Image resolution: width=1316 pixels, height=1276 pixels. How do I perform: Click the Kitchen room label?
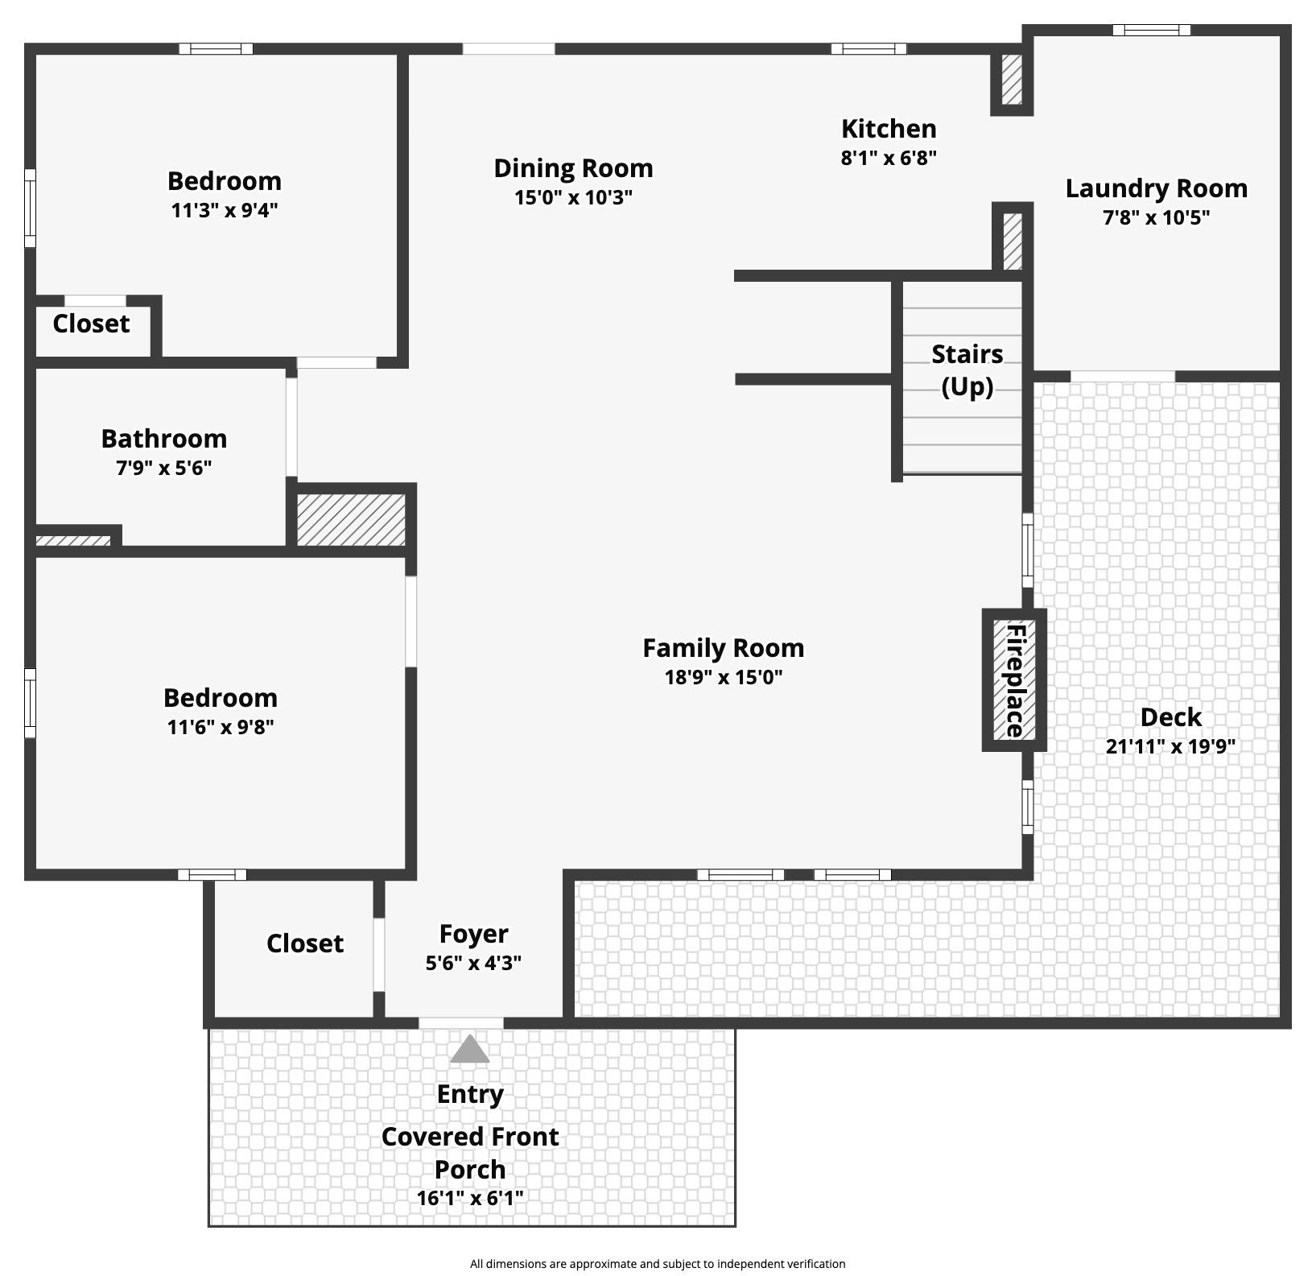pos(889,129)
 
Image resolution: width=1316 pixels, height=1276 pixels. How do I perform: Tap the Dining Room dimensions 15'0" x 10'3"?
pos(573,197)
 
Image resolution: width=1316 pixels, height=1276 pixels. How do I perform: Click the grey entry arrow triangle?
pos(470,1049)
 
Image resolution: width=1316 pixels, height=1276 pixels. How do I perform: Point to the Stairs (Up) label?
pos(967,370)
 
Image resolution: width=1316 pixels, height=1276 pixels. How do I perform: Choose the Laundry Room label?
pos(1157,188)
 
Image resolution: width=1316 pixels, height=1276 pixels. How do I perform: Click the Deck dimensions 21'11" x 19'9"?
pos(1170,746)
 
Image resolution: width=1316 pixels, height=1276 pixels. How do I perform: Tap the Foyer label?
pos(473,934)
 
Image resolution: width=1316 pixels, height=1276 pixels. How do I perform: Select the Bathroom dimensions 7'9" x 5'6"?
pos(164,468)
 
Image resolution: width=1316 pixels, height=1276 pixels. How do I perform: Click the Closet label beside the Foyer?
pos(305,944)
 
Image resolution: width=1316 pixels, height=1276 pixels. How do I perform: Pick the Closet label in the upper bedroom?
pos(91,324)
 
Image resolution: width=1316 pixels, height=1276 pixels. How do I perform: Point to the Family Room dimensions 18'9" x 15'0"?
pos(724,677)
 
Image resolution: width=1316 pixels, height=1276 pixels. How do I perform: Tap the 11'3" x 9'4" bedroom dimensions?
pos(225,210)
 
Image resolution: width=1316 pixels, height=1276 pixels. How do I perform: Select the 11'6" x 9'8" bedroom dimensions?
pos(221,727)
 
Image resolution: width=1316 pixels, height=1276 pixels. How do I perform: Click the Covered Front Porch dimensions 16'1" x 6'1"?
pos(470,1198)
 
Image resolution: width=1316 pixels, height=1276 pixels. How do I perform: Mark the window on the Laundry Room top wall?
pos(1152,31)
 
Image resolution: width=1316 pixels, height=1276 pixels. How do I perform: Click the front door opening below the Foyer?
pos(461,1023)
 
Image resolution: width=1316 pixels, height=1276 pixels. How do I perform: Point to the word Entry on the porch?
pos(470,1094)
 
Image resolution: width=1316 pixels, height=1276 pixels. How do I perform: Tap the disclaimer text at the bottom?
pos(658,1264)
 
